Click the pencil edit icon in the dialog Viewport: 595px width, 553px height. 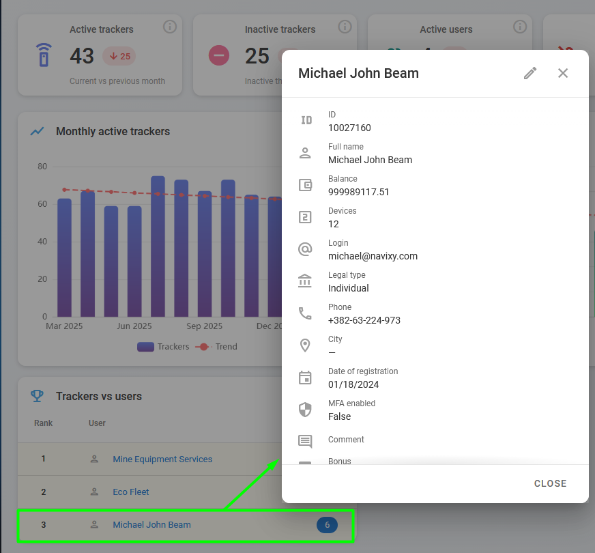(530, 73)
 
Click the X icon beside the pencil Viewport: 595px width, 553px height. (563, 73)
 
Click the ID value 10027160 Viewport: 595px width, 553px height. (349, 128)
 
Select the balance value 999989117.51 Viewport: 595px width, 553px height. (359, 192)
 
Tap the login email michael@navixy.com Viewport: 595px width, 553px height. (373, 256)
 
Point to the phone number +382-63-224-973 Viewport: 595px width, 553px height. (364, 320)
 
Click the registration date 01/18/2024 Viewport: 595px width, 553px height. (353, 384)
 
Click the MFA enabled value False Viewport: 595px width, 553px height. (339, 416)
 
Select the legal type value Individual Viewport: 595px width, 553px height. (349, 289)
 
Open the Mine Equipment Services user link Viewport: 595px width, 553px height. (162, 459)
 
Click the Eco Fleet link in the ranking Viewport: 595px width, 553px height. (131, 492)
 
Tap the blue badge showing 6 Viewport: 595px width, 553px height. (327, 525)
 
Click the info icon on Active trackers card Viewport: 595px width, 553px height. (170, 27)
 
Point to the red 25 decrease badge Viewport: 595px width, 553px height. (119, 56)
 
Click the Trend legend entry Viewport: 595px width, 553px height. (216, 347)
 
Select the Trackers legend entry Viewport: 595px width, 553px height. (163, 347)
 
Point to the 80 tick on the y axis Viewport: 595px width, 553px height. (42, 167)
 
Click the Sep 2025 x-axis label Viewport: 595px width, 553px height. (204, 326)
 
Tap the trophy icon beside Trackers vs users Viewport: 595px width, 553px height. (37, 396)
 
